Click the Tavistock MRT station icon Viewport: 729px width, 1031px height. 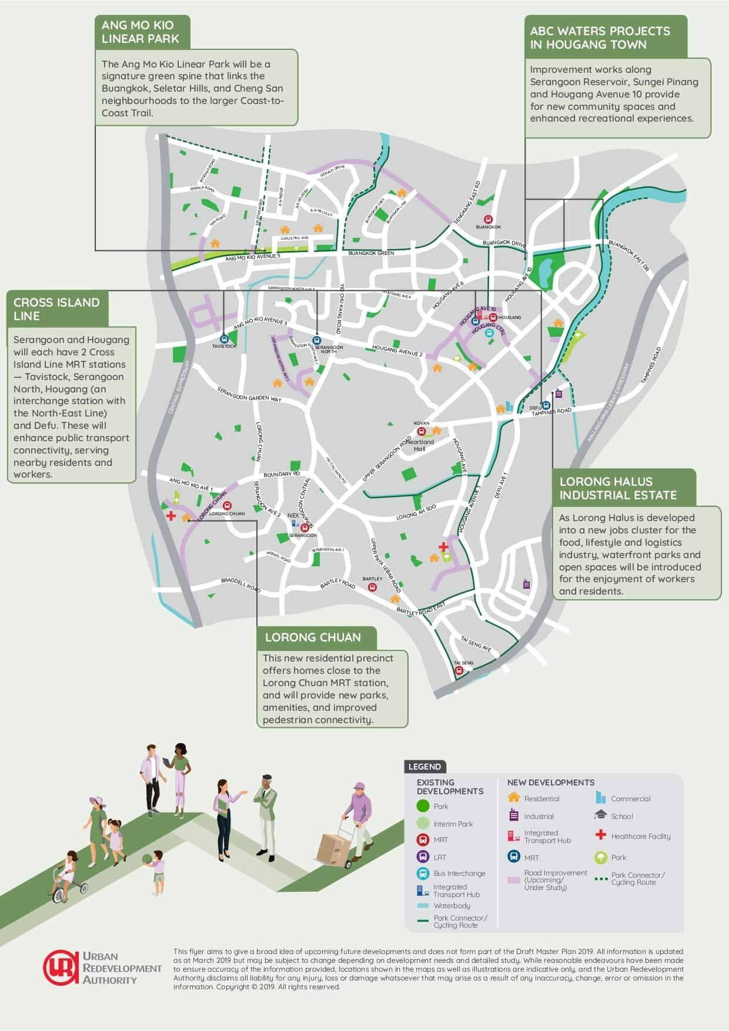coord(223,339)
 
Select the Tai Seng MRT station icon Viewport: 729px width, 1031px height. coord(459,670)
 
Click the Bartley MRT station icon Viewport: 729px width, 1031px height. coord(372,586)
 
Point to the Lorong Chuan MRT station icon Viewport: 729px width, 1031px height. coord(228,506)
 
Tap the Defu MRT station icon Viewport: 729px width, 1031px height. coord(546,405)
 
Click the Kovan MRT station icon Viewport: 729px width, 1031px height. coord(421,431)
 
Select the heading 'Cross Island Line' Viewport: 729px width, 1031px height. coord(57,309)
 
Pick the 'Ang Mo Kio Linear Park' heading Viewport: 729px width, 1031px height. coord(140,32)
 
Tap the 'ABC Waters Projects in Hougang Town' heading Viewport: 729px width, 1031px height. coord(600,38)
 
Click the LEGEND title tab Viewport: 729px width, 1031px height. coord(425,767)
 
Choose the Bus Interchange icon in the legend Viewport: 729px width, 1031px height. coord(423,874)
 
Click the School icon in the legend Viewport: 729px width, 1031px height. coord(600,815)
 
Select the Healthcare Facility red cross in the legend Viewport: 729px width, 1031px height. coord(600,835)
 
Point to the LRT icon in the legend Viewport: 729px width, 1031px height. coord(423,857)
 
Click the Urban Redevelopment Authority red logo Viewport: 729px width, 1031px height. coord(60,968)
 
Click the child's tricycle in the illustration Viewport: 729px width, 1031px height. coord(69,886)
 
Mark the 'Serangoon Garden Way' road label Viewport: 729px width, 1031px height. coord(249,394)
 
